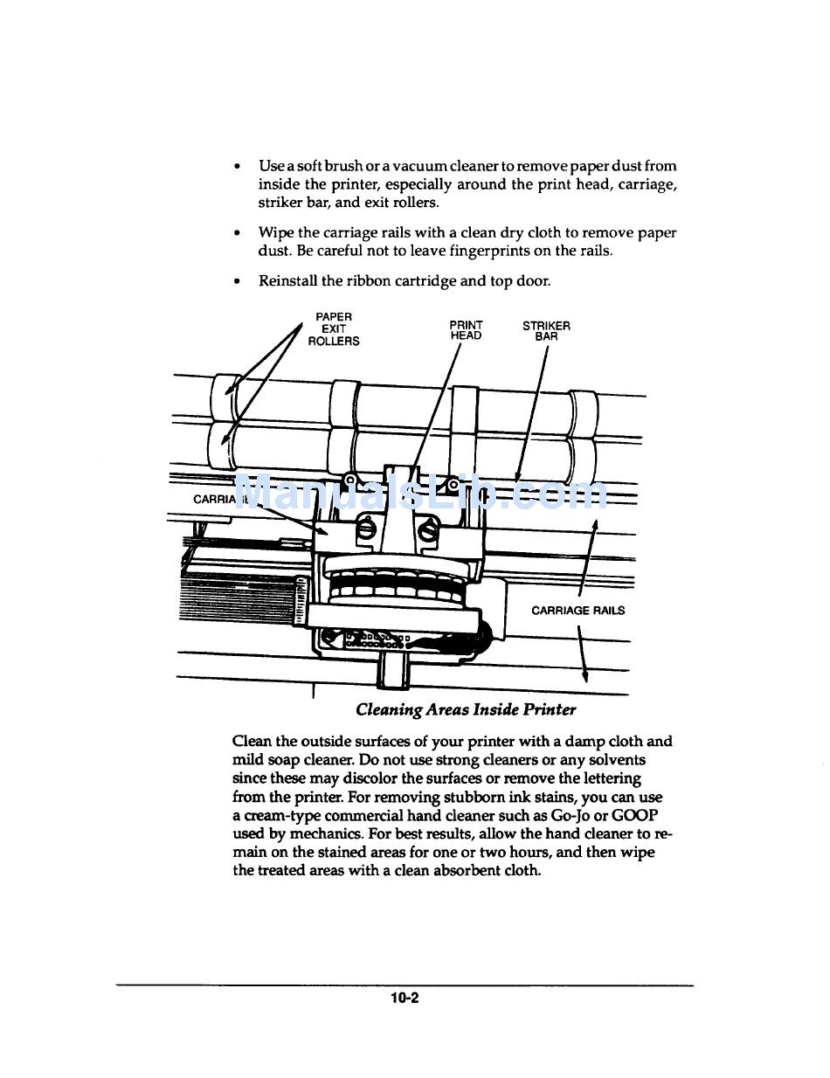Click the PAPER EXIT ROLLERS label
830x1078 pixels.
[334, 328]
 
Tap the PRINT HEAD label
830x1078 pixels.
[466, 330]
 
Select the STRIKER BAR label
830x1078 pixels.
[546, 330]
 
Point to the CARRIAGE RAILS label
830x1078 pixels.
[578, 611]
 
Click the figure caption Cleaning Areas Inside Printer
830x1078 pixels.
[466, 709]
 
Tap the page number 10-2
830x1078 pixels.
[405, 998]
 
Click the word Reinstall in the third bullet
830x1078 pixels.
[287, 280]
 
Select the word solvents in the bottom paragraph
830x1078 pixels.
[619, 760]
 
